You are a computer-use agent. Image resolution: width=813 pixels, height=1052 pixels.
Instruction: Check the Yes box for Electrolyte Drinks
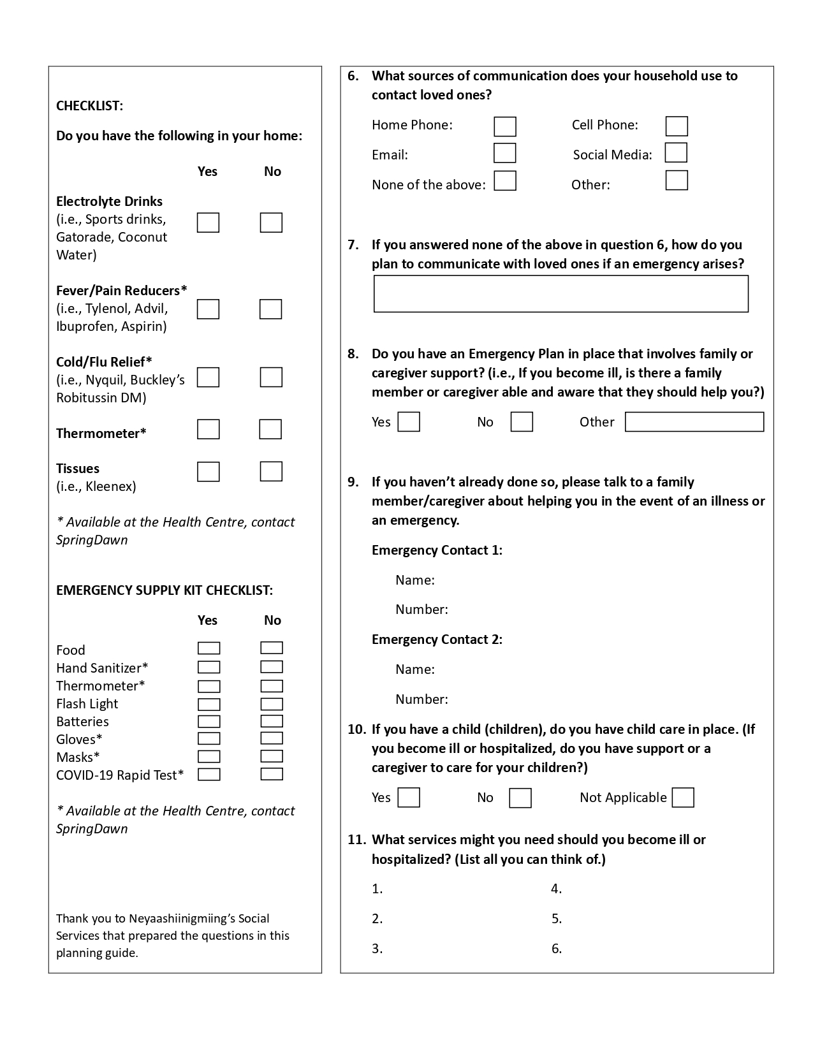click(x=208, y=223)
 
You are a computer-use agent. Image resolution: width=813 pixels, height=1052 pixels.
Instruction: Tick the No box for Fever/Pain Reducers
click(x=270, y=309)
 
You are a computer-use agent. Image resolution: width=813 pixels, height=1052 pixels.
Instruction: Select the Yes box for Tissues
click(x=208, y=472)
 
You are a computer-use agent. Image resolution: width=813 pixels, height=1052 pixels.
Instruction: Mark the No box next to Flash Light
click(x=272, y=704)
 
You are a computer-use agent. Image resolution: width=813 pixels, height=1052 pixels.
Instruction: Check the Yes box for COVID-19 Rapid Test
click(x=209, y=775)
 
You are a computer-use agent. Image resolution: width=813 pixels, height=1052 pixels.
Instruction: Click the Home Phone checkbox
click(x=504, y=126)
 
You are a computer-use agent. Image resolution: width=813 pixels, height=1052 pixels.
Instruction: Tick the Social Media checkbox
click(x=676, y=153)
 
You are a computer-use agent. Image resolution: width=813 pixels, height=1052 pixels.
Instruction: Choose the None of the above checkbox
click(x=504, y=181)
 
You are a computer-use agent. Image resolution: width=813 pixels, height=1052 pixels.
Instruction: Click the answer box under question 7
click(x=560, y=294)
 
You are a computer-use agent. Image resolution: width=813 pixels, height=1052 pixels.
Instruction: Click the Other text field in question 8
click(x=694, y=422)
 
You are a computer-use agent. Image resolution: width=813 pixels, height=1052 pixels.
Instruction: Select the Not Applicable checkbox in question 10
click(x=682, y=798)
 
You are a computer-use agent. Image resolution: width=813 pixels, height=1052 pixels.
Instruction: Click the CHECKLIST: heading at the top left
click(x=89, y=106)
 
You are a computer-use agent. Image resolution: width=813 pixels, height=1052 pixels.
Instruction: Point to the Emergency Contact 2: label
click(x=437, y=639)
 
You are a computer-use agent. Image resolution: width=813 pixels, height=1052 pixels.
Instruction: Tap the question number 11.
click(x=356, y=840)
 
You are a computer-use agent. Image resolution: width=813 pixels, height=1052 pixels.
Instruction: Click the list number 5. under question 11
click(x=556, y=919)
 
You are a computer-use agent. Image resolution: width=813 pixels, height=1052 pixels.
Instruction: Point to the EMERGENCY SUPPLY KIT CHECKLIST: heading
click(x=164, y=590)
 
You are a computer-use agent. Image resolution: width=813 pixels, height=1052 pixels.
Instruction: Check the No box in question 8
click(x=521, y=422)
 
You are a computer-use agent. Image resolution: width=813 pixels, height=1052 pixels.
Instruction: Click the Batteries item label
click(x=82, y=722)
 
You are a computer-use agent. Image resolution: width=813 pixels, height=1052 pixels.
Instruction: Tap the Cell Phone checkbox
click(x=676, y=126)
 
